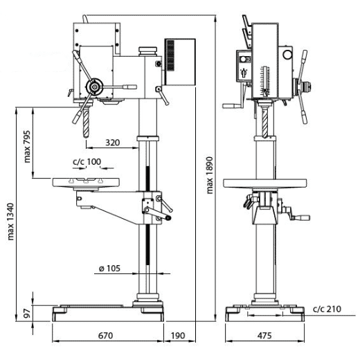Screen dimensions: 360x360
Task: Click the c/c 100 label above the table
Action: click(x=87, y=162)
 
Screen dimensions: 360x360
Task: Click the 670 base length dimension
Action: click(x=105, y=335)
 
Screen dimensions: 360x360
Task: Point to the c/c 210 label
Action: click(x=326, y=308)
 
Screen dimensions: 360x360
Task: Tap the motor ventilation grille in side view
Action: click(x=173, y=53)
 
